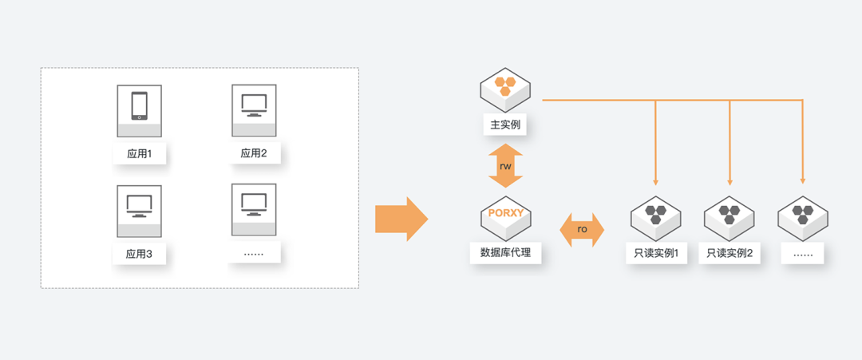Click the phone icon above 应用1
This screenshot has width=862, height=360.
point(139,106)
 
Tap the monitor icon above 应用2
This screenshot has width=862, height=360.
point(253,104)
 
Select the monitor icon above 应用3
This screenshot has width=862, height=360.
point(139,205)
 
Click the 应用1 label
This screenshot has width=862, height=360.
point(139,153)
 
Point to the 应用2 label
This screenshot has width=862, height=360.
point(253,153)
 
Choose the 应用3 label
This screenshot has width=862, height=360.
point(139,255)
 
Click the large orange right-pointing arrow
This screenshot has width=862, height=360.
point(401,219)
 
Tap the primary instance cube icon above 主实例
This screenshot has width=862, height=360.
point(505,87)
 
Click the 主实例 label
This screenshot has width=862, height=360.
point(505,125)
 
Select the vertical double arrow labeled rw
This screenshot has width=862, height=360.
point(506,166)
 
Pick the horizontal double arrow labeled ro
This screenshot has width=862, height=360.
point(582,229)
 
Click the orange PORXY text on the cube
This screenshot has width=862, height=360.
point(505,213)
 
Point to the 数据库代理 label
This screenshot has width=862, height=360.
point(505,254)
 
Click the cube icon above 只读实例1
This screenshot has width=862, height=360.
point(655,215)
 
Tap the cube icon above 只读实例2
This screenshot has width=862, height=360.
point(730,215)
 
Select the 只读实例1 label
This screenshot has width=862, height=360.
point(655,255)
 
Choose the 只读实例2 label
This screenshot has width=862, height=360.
point(730,255)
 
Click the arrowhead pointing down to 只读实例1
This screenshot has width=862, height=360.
point(655,180)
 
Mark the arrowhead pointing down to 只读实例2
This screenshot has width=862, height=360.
point(730,180)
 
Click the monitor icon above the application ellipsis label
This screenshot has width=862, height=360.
point(253,204)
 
